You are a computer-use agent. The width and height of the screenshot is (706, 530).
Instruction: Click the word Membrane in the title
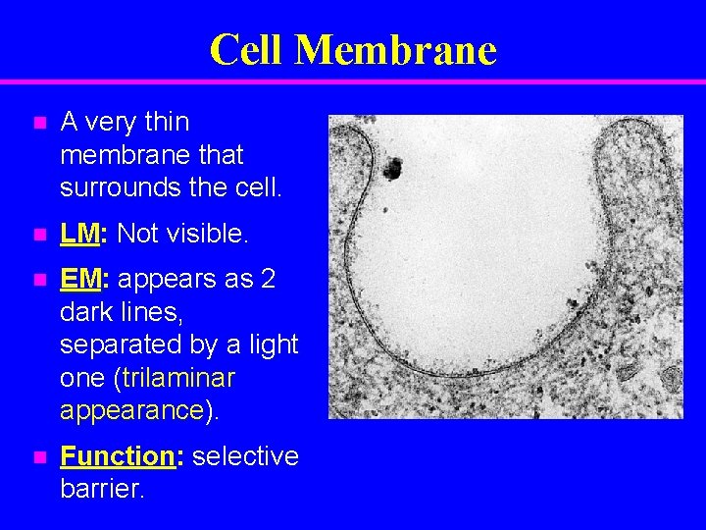tap(396, 49)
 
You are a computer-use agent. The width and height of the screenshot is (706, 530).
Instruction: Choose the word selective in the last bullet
tap(245, 456)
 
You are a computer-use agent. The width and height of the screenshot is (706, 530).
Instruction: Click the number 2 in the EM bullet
tap(268, 280)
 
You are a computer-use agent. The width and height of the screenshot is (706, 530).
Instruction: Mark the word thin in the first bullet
tap(167, 122)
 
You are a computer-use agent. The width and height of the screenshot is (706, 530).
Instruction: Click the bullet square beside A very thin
tap(38, 124)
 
